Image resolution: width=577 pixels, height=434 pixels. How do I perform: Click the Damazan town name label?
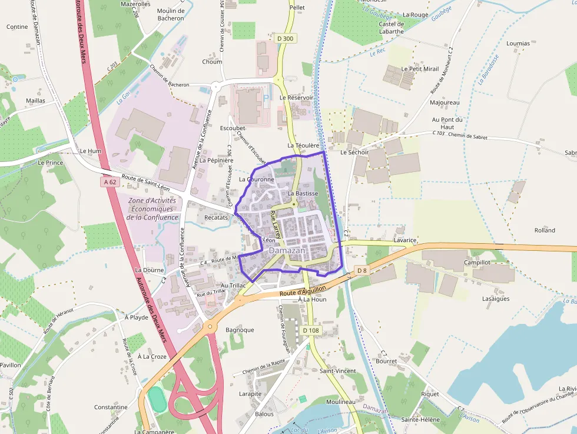coord(287,250)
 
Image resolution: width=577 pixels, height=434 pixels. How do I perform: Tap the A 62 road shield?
coord(110,183)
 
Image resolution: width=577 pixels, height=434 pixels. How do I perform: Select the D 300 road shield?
coord(284,39)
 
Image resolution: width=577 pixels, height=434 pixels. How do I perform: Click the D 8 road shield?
coord(362,270)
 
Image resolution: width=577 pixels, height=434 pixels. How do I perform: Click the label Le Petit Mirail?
coord(420,69)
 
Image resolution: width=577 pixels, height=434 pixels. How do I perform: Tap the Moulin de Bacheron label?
coord(171,14)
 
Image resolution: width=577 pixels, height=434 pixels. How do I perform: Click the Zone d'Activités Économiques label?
coord(152,208)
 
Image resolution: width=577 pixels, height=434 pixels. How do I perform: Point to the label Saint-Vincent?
coord(337,371)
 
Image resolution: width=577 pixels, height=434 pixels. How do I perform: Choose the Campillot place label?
coord(477,262)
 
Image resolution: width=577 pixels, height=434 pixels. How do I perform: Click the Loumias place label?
coord(518,44)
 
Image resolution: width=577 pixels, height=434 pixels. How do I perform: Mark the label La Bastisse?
coord(303,193)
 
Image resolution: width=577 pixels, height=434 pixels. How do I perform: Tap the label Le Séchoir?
coord(354,153)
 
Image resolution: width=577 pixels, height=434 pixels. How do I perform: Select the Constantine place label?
coord(111,407)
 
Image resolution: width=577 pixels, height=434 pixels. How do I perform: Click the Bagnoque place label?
coord(240,330)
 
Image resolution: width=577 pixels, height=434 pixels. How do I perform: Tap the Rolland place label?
coord(545,230)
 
